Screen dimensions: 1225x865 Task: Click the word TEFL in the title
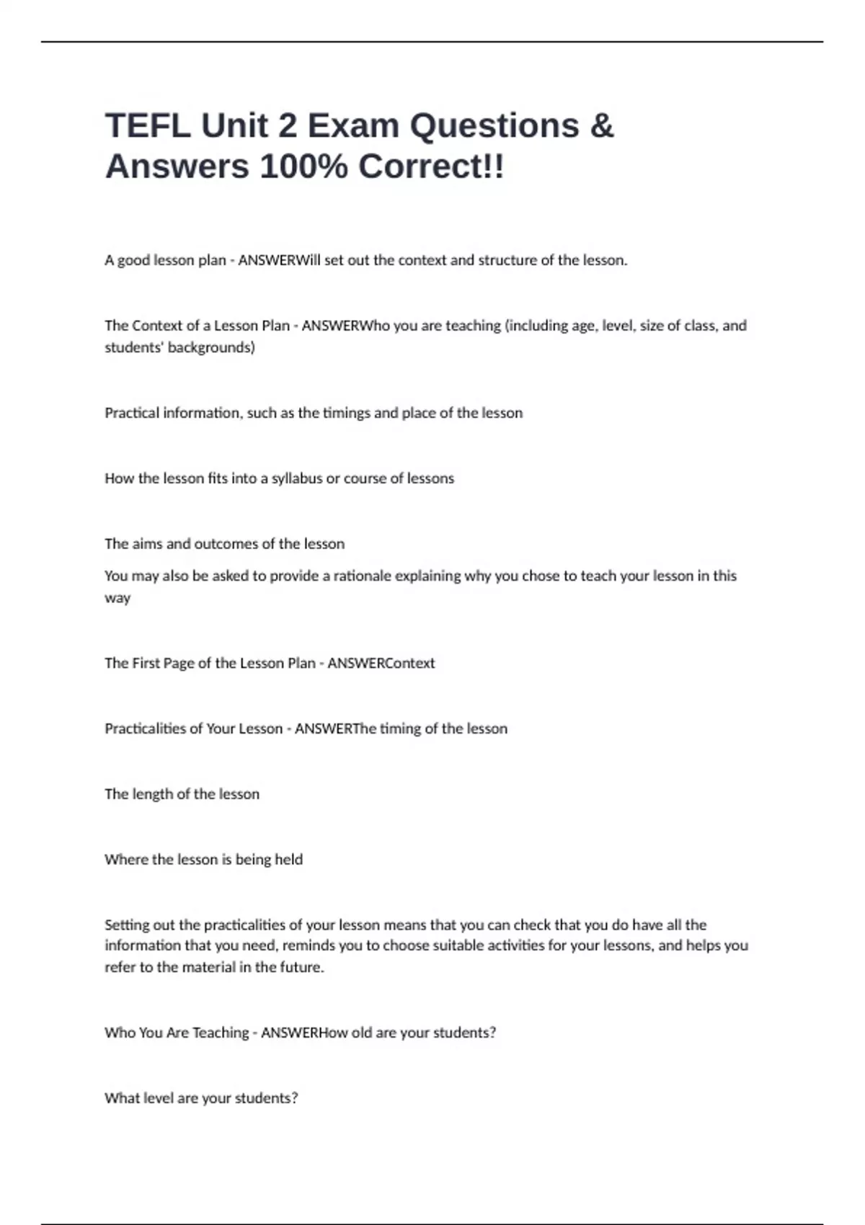pos(148,125)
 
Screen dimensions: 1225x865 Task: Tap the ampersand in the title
pos(602,125)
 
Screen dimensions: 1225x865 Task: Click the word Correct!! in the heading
pos(431,166)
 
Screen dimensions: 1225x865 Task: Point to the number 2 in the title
pos(287,125)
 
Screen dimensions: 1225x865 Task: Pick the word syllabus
pos(297,478)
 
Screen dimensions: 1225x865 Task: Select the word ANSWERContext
pos(381,663)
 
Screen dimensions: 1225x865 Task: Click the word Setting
pos(126,925)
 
